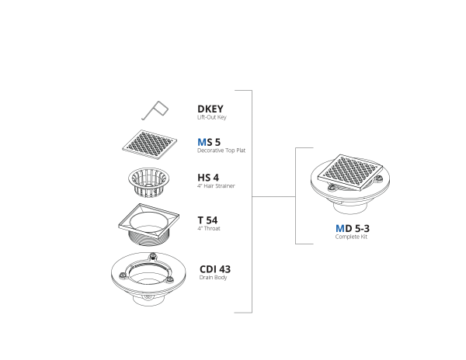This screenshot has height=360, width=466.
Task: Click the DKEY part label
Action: [x=210, y=109]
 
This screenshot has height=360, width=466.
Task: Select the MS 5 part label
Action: [x=209, y=142]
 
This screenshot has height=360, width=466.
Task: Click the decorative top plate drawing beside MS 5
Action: [x=149, y=144]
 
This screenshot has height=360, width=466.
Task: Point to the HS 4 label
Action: [x=208, y=178]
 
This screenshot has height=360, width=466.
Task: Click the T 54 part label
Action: [x=207, y=220]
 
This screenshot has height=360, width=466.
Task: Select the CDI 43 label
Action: [x=215, y=269]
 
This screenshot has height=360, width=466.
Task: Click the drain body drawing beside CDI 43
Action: [x=148, y=279]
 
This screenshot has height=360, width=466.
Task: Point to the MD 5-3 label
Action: [x=353, y=229]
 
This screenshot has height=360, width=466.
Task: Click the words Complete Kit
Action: [x=351, y=237]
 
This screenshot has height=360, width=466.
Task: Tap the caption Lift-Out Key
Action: [x=212, y=117]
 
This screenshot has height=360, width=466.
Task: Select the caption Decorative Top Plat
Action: [x=221, y=151]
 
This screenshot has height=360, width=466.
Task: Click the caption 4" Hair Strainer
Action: [x=216, y=186]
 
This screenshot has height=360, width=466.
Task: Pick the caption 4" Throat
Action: [x=209, y=229]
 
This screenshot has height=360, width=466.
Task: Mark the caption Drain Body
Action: [x=213, y=278]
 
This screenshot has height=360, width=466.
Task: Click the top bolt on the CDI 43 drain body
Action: [x=153, y=255]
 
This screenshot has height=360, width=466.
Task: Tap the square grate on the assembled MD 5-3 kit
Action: [x=350, y=173]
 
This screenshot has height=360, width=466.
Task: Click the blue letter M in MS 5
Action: [x=202, y=142]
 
